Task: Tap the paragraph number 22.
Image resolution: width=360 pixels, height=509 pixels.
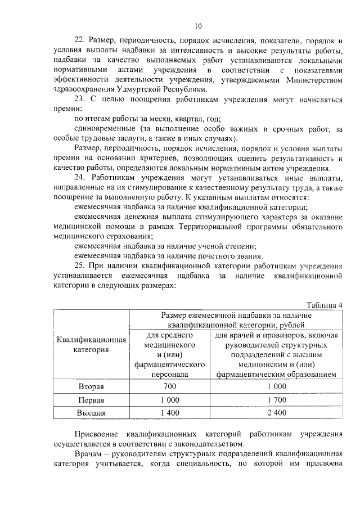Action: [79, 41]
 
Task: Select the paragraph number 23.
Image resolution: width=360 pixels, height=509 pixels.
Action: [79, 100]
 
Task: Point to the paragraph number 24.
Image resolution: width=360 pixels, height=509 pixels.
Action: [79, 178]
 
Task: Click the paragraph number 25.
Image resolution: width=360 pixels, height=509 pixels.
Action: [79, 266]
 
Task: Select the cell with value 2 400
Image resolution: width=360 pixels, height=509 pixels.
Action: [276, 413]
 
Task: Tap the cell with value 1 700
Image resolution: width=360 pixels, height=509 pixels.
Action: [276, 400]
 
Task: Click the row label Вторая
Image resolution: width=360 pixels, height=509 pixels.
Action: [92, 386]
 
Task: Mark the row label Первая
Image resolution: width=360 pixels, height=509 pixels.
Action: [92, 400]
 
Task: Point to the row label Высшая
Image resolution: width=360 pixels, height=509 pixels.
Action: [92, 413]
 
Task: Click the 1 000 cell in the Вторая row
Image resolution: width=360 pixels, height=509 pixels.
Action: [276, 386]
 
